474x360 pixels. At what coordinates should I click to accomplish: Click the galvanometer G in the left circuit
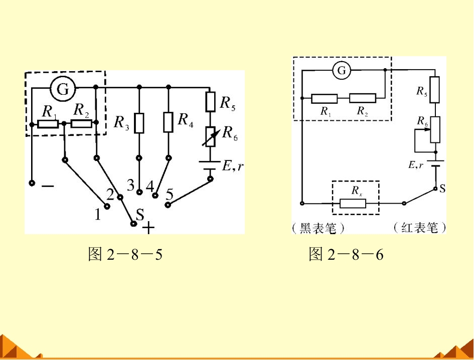click(x=63, y=89)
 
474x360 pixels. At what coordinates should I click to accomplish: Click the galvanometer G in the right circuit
click(x=342, y=70)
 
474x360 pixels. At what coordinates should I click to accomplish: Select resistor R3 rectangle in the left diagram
click(x=139, y=123)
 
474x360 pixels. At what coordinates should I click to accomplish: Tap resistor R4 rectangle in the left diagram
click(x=169, y=122)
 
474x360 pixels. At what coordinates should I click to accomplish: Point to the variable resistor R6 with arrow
click(x=211, y=137)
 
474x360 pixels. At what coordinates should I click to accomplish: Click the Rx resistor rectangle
click(x=353, y=204)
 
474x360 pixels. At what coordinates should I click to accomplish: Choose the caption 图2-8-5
click(x=125, y=254)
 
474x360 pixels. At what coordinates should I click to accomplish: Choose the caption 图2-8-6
click(x=346, y=254)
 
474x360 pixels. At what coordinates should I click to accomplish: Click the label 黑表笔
click(x=318, y=228)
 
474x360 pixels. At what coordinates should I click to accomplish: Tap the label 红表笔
click(x=420, y=227)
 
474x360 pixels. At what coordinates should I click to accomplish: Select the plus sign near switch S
click(x=148, y=228)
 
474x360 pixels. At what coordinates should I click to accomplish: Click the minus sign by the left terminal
click(x=48, y=186)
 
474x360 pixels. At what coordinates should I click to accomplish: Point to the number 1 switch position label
click(x=97, y=214)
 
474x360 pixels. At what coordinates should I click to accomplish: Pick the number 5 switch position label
click(x=170, y=194)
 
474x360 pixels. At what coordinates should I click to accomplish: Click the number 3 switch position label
click(x=130, y=185)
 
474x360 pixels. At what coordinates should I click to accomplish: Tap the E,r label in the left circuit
click(x=232, y=165)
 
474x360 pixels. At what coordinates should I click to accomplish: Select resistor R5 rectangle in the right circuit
click(x=435, y=90)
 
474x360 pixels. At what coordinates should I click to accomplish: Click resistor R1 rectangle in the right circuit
click(x=325, y=99)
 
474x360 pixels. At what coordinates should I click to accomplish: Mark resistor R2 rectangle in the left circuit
click(x=81, y=124)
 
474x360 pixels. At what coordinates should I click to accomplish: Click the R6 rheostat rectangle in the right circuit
click(x=435, y=130)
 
